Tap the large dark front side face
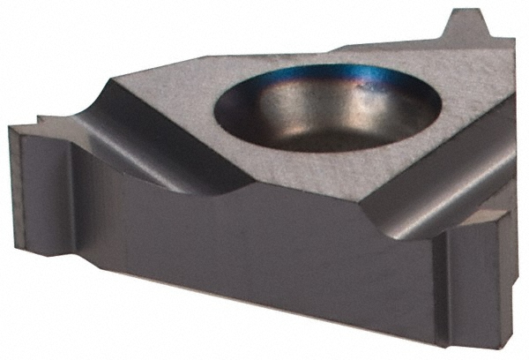(x=247, y=265)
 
